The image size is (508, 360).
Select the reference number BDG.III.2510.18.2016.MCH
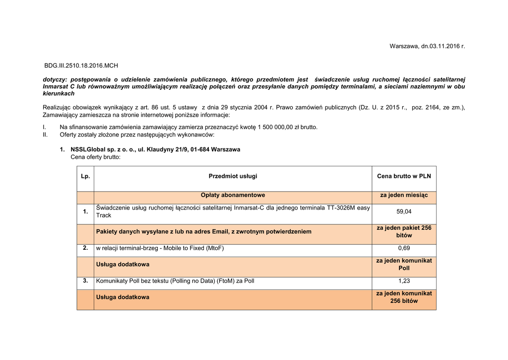coord(81,66)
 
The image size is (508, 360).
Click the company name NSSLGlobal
coord(87,149)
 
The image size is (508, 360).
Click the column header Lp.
coord(85,176)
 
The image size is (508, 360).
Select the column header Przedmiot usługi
coord(233,176)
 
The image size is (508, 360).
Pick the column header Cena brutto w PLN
coord(404,176)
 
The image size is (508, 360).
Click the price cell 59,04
coord(404,212)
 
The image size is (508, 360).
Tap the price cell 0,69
coord(404,248)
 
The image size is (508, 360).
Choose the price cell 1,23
coord(404,281)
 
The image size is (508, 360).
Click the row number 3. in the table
coord(85,281)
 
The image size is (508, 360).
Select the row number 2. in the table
coord(85,248)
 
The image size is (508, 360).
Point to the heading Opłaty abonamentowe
coord(233,195)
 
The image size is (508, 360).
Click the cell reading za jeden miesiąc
coord(404,195)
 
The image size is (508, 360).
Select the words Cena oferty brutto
coord(95,157)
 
